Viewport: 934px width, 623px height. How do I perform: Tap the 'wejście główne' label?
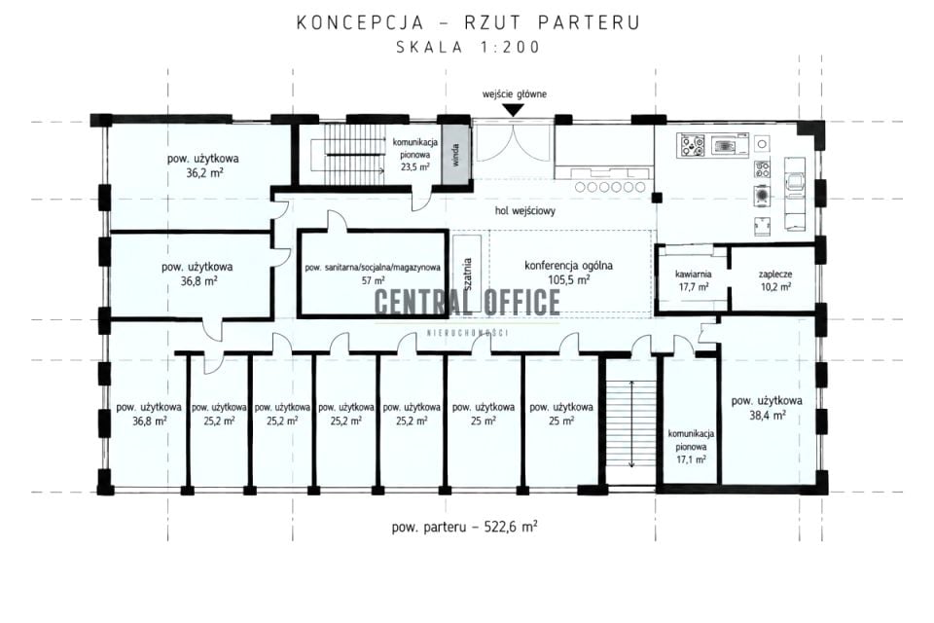514,94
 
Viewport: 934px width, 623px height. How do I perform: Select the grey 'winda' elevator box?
456,155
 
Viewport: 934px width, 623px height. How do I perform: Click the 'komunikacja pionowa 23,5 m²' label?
415,155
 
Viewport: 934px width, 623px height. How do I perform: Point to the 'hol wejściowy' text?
524,210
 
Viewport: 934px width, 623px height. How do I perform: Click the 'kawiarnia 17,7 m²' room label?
693,280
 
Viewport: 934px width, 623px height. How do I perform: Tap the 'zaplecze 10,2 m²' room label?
775,280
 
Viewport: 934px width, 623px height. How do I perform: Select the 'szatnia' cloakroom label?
468,274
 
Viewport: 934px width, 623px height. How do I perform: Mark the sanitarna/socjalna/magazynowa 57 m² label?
373,274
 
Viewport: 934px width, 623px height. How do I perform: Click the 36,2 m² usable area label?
203,165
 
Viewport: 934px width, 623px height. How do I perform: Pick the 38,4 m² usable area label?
767,408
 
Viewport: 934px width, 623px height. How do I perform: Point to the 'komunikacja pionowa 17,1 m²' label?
691,447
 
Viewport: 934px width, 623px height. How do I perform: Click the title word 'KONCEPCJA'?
360,22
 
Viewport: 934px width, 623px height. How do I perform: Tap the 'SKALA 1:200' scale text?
468,47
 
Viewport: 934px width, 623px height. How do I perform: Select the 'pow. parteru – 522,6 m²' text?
465,527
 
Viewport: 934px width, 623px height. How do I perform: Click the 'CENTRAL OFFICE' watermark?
468,302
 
